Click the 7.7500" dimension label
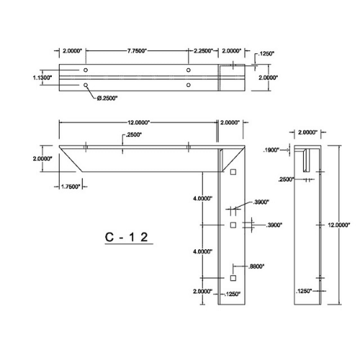coord(137,51)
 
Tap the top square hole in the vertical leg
coord(234,171)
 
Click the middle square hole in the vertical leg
coord(234,225)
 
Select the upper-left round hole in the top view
coord(86,71)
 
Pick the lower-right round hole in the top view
coord(189,85)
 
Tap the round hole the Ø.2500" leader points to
coord(86,85)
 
